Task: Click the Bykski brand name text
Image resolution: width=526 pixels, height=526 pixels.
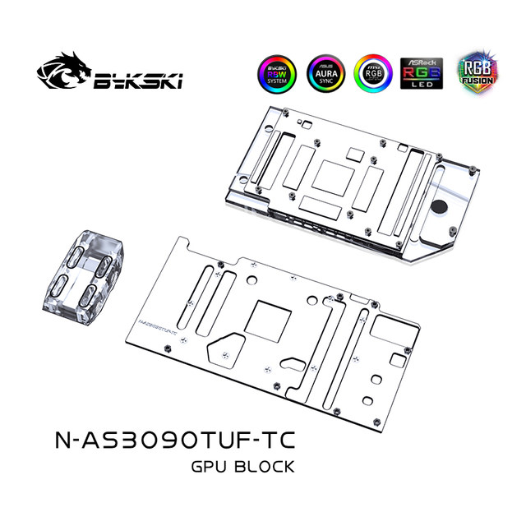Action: point(137,81)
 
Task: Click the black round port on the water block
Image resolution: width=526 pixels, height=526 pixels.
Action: point(441,206)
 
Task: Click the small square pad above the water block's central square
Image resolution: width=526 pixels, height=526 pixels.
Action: point(355,153)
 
